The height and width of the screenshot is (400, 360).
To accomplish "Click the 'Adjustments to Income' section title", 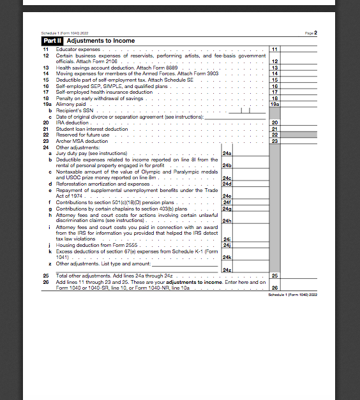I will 101,41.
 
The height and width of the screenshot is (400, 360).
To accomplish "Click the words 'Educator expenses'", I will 79,48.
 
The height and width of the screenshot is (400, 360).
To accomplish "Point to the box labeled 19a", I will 275,104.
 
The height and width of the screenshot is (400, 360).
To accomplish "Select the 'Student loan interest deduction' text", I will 92,129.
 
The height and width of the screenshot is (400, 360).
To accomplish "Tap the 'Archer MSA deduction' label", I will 82,141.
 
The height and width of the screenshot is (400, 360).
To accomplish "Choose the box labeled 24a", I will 227,154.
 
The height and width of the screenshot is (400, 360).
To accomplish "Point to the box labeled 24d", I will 227,184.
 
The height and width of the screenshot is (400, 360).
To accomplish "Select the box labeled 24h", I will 227,221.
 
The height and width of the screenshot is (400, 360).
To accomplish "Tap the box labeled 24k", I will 227,257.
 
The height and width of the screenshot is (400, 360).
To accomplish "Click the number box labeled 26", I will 275,288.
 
